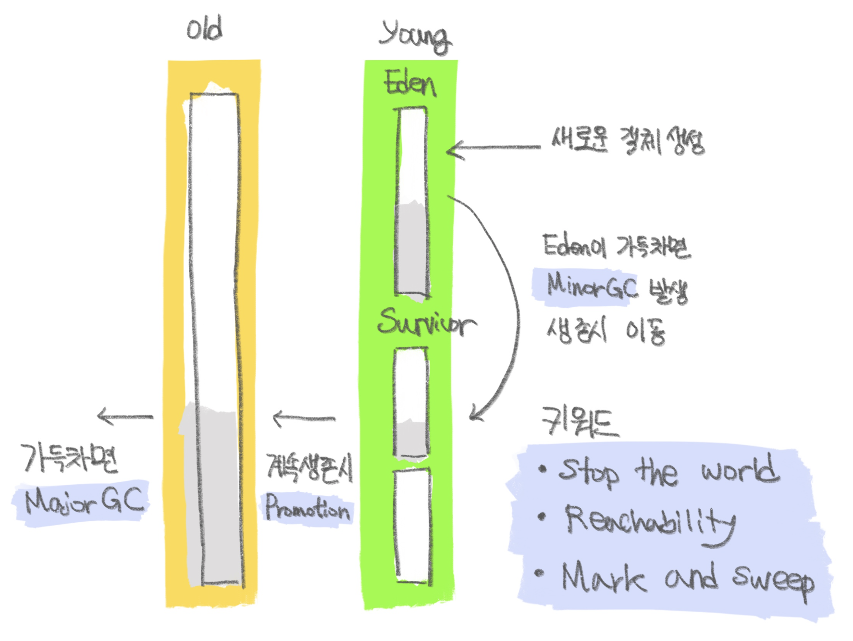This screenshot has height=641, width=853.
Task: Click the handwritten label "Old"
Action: coord(205,29)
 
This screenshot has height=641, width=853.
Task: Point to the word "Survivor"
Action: coord(426,322)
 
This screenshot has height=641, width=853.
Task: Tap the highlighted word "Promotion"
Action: coord(308,509)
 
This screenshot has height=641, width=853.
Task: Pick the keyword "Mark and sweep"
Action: coord(687,579)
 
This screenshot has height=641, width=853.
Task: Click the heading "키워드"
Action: coord(580,422)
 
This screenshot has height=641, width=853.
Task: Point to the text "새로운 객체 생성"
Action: coord(628,141)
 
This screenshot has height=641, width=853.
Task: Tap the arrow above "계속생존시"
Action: coord(304,418)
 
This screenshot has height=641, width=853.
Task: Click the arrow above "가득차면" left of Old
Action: coord(125,416)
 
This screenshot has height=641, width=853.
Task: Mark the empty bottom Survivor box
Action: coord(412,526)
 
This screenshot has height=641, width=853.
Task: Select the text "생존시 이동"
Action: coord(606,331)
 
